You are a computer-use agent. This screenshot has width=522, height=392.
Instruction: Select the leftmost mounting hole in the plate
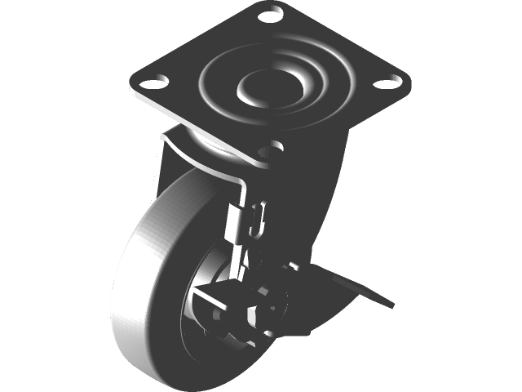[150, 82]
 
